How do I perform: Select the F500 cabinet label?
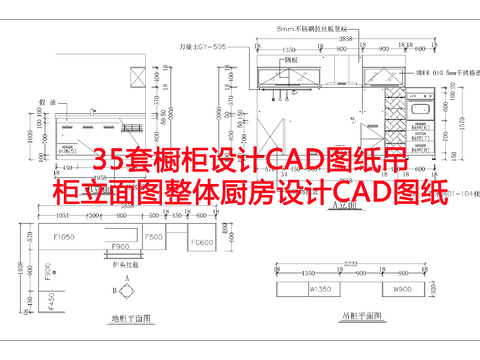[x=154, y=236]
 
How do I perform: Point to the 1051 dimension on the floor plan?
[x=62, y=214]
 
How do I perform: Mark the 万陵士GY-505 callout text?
[x=198, y=45]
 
